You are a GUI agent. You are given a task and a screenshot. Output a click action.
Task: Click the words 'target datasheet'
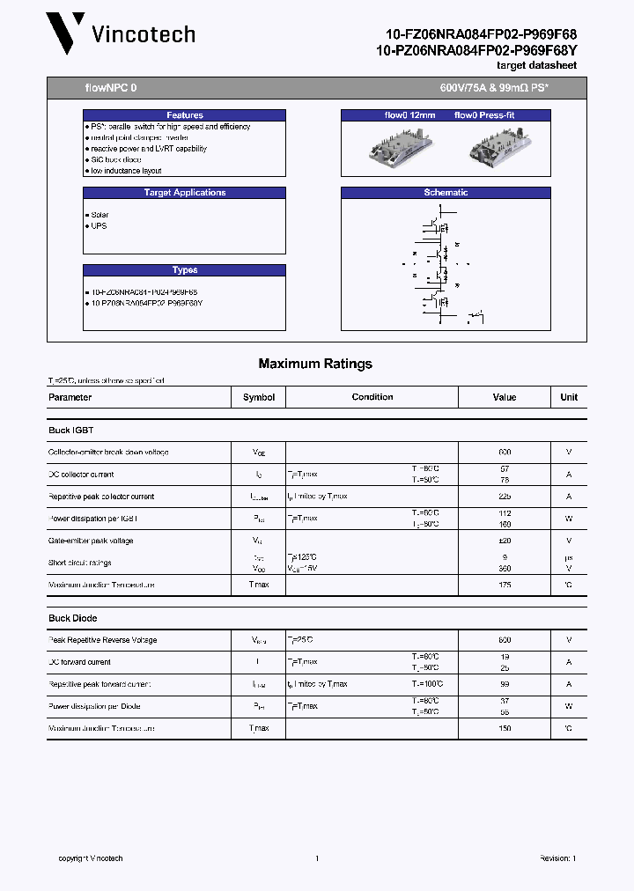(x=537, y=66)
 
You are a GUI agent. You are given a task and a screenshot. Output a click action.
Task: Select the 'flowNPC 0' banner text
(x=111, y=89)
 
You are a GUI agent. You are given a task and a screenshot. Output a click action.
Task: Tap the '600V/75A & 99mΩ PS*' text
(x=495, y=89)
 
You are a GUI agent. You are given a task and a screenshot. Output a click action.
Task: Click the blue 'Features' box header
(x=184, y=115)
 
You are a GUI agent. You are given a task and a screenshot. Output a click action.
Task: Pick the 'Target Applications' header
(x=184, y=193)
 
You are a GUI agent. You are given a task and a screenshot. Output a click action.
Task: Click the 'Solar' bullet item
(x=100, y=215)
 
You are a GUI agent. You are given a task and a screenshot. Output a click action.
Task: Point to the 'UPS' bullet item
(x=98, y=226)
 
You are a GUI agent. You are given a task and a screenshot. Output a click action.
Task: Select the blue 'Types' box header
(x=184, y=270)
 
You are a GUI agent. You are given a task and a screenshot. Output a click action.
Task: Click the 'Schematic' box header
(x=446, y=193)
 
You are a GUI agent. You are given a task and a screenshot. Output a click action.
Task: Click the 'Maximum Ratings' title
(x=315, y=364)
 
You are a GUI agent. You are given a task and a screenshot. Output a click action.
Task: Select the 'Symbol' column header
(x=259, y=397)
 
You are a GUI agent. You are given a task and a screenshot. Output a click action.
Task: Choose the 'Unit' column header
(x=569, y=397)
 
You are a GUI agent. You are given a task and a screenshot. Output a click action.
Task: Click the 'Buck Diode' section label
(x=72, y=619)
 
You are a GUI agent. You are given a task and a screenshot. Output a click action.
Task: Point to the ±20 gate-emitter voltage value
(x=505, y=541)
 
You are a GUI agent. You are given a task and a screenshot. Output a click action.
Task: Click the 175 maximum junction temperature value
(x=505, y=585)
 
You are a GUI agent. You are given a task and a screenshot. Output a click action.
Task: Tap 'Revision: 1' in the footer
(x=557, y=858)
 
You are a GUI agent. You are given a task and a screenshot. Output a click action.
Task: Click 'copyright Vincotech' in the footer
(x=91, y=858)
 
